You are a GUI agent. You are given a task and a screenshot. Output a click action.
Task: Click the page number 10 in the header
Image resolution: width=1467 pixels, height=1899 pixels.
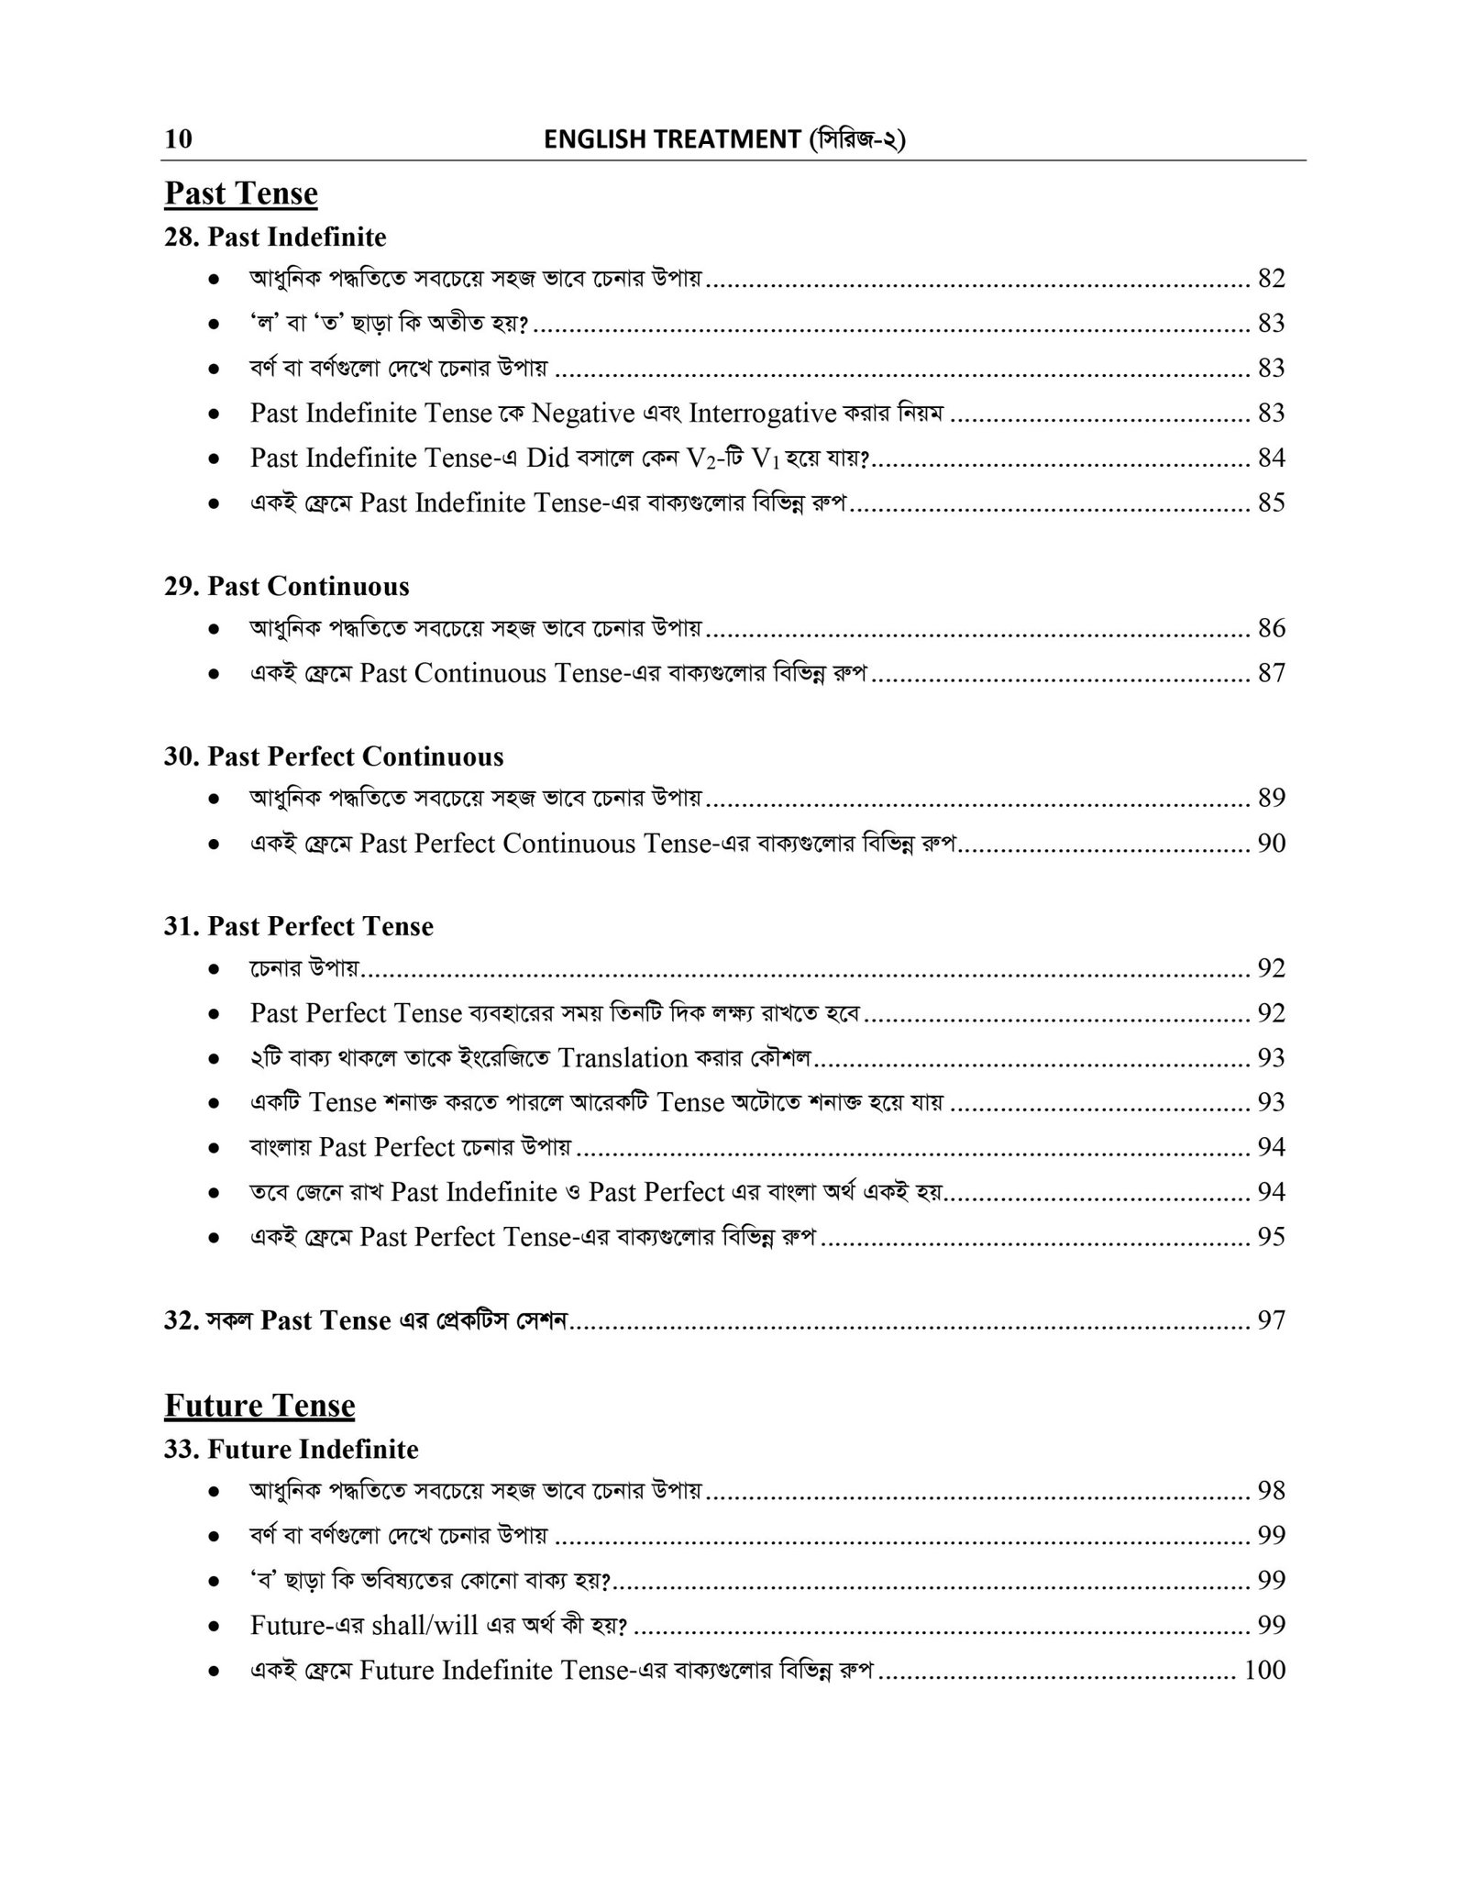point(179,138)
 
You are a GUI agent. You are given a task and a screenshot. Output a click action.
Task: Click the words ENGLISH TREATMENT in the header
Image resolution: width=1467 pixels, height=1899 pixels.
point(672,139)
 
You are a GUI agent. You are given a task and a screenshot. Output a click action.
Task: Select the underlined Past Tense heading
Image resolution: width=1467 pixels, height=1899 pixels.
point(241,193)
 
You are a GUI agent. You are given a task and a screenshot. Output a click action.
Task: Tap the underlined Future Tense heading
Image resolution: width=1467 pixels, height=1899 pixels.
point(259,1406)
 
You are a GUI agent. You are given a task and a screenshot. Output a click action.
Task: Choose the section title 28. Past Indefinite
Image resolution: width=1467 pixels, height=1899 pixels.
point(275,237)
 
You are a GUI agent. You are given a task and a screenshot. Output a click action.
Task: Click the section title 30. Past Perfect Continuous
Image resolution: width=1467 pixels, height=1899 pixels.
point(334,756)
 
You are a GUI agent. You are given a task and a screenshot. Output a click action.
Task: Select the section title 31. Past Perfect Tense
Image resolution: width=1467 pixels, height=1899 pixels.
point(299,926)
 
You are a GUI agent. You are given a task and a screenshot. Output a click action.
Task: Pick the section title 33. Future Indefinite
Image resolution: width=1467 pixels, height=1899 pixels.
point(291,1450)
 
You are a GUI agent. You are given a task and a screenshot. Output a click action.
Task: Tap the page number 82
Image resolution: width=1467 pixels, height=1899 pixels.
point(1271,279)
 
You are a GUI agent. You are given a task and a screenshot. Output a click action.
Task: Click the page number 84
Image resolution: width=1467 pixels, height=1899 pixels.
point(1271,458)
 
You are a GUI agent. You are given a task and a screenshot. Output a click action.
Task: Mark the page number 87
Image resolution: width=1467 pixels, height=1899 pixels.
point(1271,673)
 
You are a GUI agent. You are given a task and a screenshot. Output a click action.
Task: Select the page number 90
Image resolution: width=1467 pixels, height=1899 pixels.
point(1271,844)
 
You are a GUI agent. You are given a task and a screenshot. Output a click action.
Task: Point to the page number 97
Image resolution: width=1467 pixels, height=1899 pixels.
point(1271,1320)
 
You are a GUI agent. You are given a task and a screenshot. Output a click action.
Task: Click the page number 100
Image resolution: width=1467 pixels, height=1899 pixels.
point(1264,1670)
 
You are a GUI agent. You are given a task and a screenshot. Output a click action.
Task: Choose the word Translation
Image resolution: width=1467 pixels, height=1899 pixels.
point(623,1058)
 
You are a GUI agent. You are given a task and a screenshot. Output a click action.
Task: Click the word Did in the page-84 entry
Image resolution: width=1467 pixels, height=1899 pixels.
point(548,458)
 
